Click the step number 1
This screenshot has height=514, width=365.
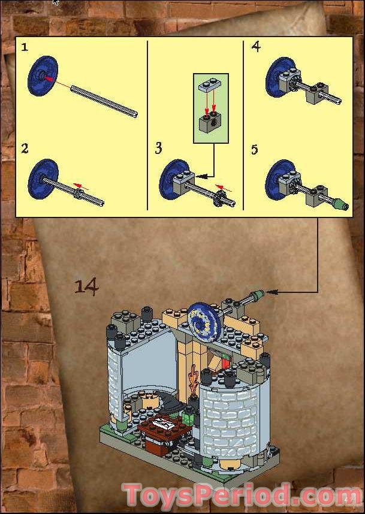point(25,47)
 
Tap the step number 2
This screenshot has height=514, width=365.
point(25,148)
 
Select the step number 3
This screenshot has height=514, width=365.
point(158,148)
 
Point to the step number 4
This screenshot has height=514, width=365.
point(257,47)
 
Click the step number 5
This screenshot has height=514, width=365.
point(255,148)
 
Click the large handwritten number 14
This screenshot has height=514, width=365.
point(86,286)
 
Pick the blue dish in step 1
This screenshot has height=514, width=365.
point(40,74)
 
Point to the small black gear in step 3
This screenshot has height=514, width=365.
point(219,196)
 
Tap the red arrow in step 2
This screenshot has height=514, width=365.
point(79,187)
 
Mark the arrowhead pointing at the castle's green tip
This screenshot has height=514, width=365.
point(270,292)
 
